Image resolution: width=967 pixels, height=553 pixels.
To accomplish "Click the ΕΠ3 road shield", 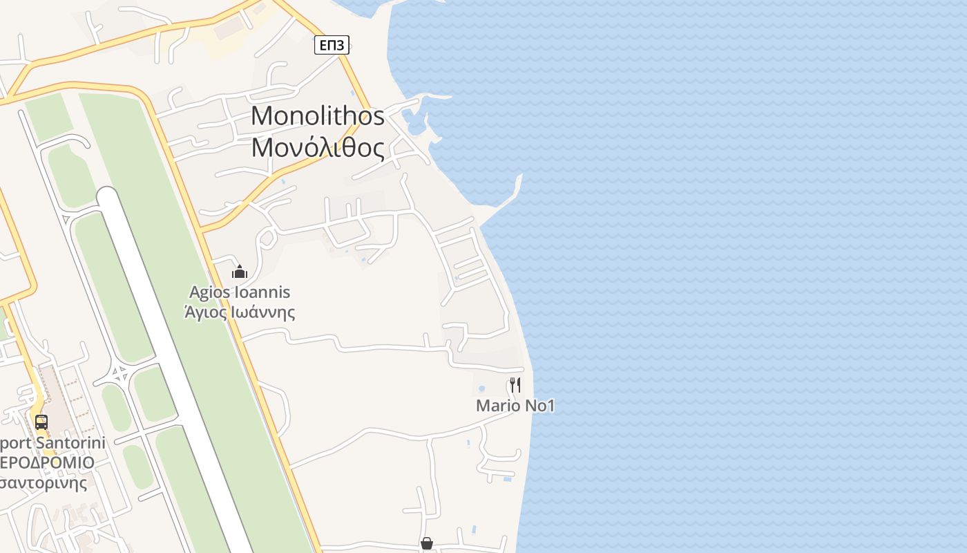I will coord(332,46).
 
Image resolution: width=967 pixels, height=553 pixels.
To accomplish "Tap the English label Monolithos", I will coord(317,115).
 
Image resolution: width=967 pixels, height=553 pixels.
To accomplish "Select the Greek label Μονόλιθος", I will coord(317,147).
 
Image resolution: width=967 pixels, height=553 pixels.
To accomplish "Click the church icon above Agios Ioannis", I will coord(240,272).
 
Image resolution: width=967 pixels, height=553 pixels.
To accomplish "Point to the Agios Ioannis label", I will coord(240,292).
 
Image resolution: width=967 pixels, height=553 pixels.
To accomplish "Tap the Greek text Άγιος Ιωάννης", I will coord(240,312).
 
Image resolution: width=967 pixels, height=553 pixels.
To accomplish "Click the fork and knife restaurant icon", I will coord(515,385).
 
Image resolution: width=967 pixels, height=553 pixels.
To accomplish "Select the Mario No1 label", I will coord(515,406).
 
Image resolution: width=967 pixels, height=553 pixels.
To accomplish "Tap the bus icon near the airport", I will coord(41,422).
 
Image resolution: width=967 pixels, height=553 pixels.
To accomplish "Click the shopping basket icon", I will coord(427,544).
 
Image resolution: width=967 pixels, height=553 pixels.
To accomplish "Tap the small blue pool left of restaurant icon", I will coord(482,389).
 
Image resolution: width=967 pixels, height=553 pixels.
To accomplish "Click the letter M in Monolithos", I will coord(262,115).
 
